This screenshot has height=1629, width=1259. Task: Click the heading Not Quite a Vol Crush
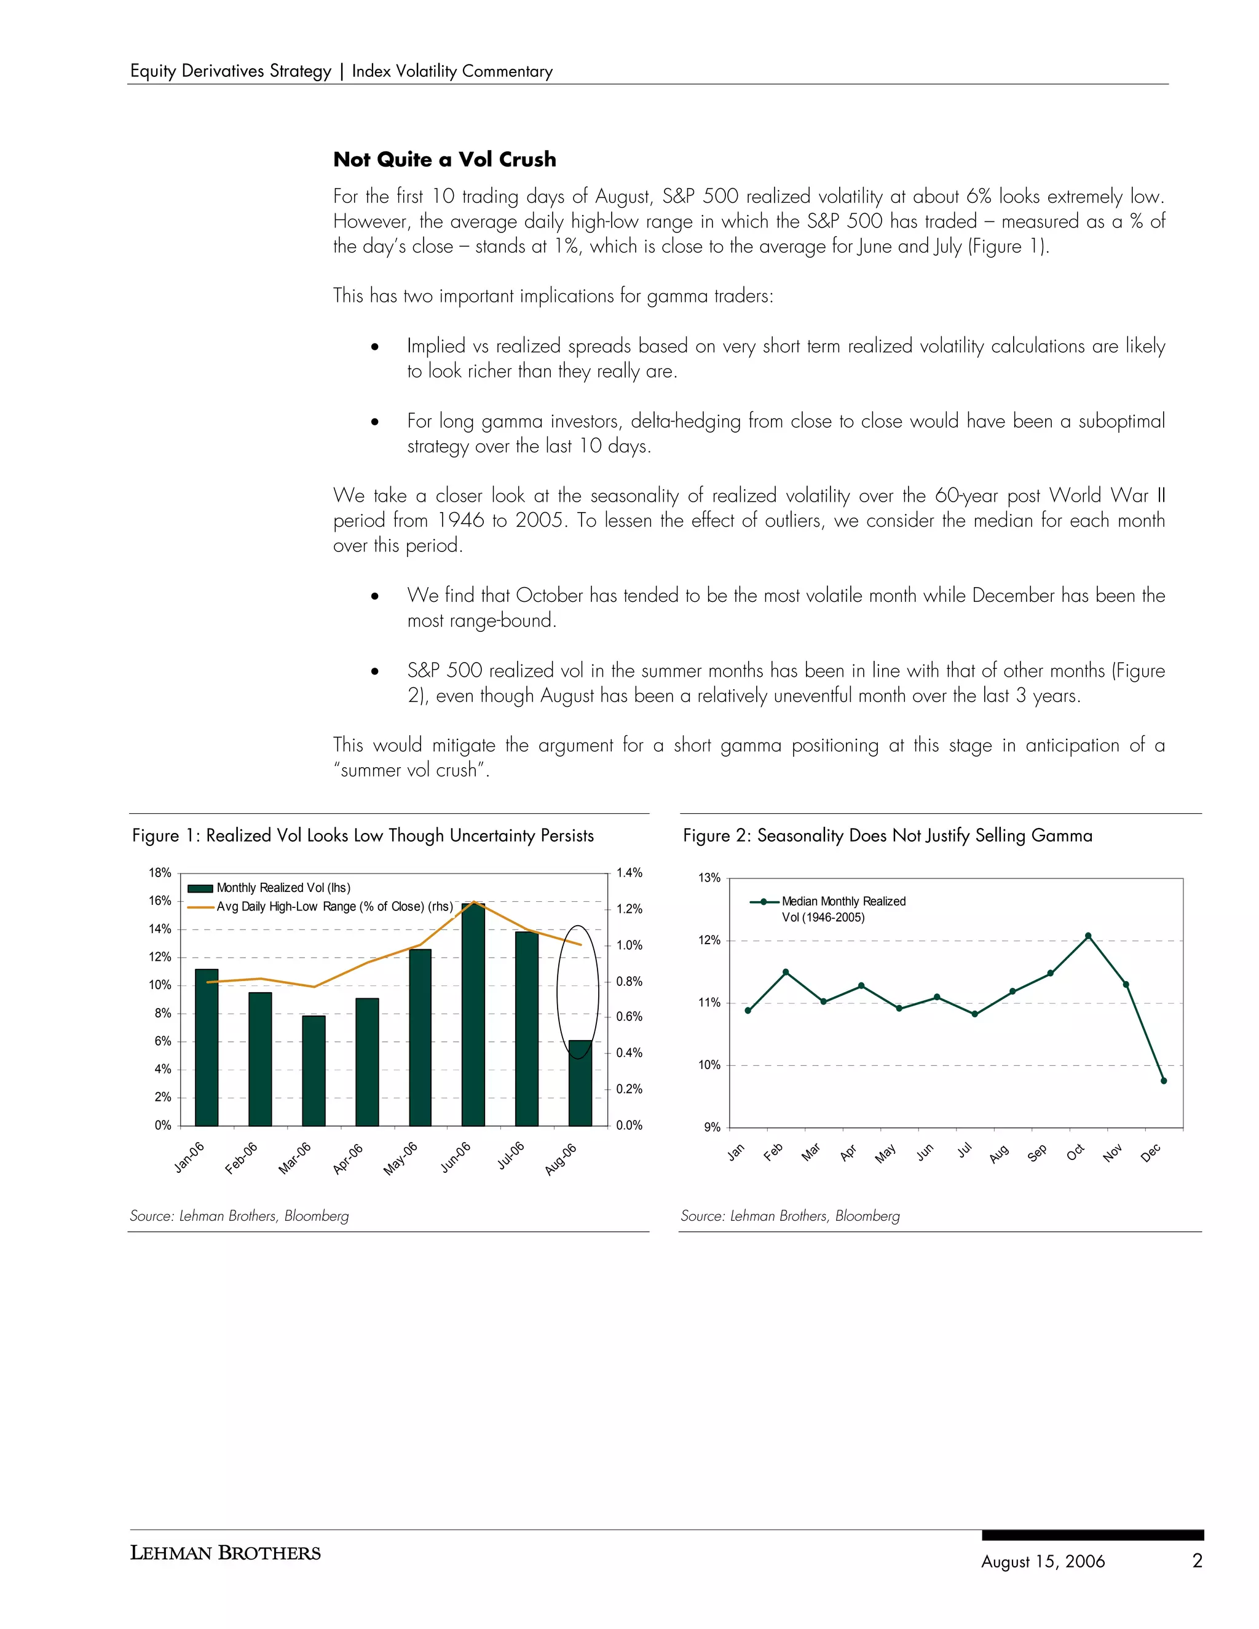444,160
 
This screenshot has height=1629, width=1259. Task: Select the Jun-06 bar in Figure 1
473,1014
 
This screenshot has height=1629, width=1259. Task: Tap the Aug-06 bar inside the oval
580,1083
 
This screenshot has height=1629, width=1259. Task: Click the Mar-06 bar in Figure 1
314,1070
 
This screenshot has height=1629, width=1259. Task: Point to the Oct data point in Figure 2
1088,936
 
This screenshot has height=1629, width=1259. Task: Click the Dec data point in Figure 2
1164,1081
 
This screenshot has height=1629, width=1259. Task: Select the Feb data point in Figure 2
786,972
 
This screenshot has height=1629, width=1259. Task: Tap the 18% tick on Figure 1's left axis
160,873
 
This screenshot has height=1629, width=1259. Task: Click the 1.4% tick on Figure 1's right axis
629,873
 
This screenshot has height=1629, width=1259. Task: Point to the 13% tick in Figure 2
709,878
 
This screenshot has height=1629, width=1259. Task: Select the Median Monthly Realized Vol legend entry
843,909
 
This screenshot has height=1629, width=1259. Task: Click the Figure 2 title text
888,835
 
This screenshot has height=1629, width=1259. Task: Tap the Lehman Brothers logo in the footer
225,1553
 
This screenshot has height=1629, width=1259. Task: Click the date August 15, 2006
1043,1561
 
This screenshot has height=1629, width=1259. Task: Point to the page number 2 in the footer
1197,1560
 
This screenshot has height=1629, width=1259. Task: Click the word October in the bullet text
549,595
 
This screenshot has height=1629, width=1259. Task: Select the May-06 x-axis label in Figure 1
401,1158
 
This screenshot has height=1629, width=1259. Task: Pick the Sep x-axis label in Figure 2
1036,1153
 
